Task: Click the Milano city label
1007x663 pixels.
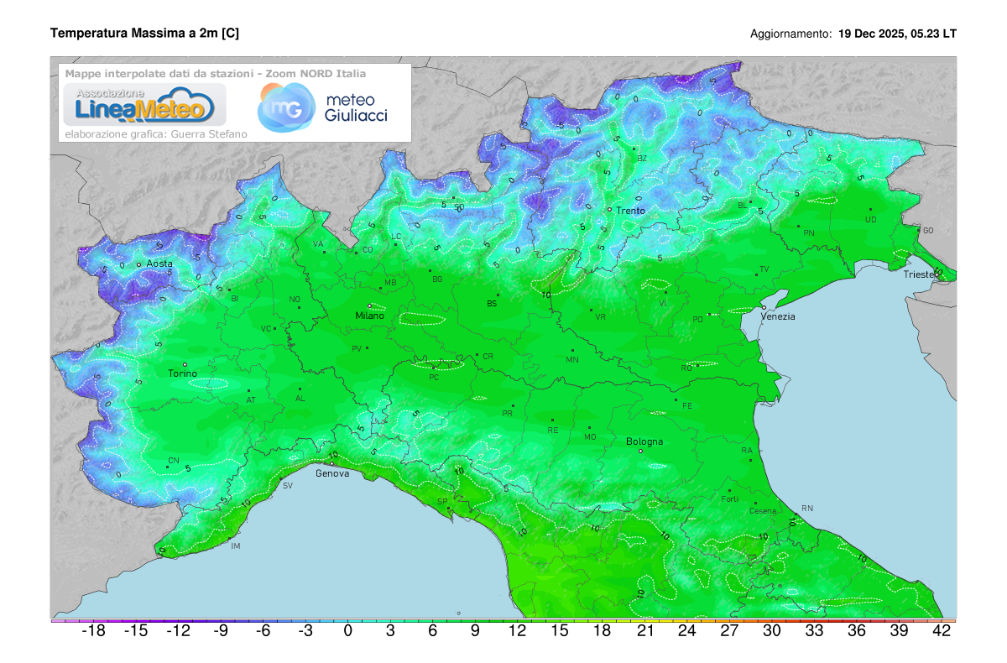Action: (369, 316)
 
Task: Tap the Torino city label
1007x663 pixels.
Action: (182, 374)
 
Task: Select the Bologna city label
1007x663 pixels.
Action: (644, 441)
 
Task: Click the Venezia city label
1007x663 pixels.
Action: (778, 317)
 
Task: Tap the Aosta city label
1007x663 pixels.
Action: (159, 264)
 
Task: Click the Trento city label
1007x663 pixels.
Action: (631, 211)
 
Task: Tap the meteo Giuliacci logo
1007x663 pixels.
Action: (323, 107)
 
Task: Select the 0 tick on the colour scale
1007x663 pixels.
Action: (347, 632)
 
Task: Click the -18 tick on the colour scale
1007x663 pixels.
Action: (92, 632)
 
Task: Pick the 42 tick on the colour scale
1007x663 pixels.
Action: (942, 632)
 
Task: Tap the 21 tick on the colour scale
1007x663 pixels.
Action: (644, 632)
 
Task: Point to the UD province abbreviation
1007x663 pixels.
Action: (870, 221)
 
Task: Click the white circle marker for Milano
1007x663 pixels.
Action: (369, 305)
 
